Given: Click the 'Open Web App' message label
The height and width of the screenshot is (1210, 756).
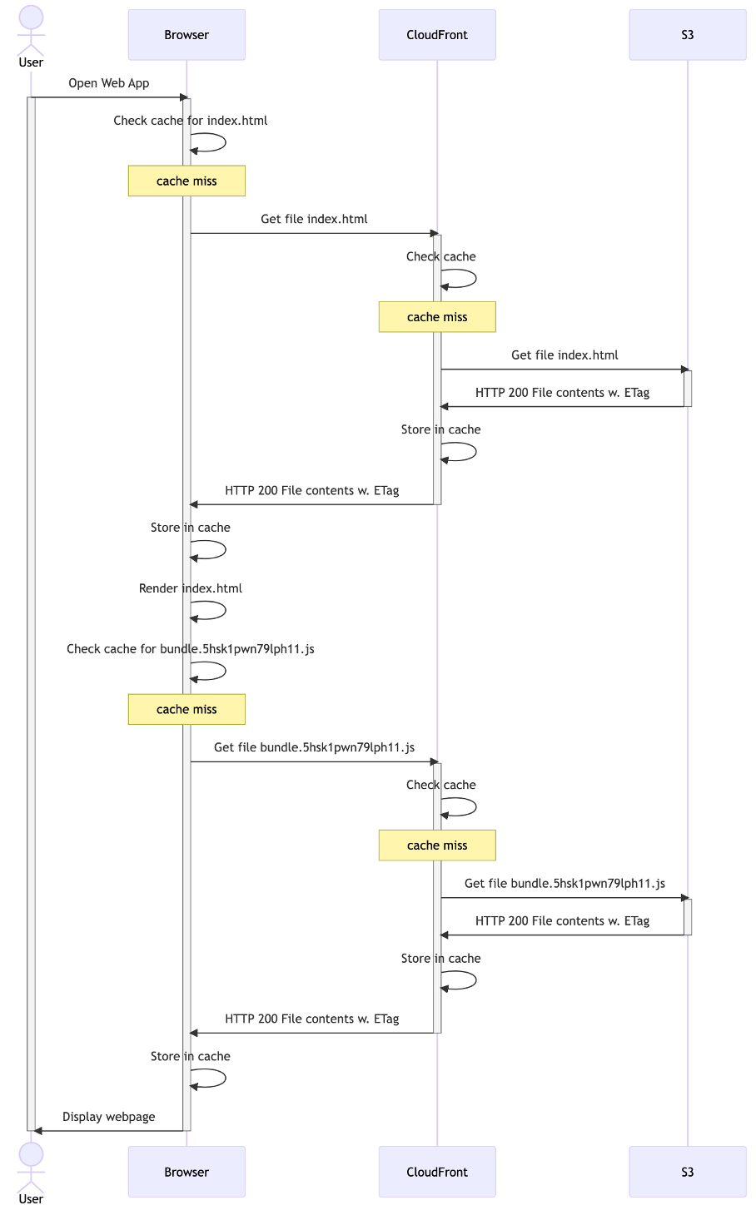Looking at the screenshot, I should (109, 83).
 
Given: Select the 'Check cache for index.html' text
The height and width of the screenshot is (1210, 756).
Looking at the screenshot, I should (191, 121).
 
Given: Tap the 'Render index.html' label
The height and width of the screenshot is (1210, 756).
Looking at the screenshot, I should (191, 588).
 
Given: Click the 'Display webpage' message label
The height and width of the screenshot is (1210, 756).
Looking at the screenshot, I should (109, 1117).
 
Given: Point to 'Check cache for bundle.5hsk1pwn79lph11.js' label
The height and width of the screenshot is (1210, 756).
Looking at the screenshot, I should (191, 649).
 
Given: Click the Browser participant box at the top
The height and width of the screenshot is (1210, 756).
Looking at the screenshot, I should (187, 35).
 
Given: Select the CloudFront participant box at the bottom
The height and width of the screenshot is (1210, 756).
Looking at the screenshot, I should (437, 1172).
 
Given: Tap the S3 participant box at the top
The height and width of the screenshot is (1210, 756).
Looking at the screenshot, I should (688, 35).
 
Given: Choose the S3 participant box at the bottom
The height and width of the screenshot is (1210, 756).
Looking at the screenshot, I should (688, 1172).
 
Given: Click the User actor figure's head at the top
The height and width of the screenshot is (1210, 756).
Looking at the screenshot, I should (31, 17).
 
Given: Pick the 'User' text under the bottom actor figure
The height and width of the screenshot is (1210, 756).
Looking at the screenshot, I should (31, 1198).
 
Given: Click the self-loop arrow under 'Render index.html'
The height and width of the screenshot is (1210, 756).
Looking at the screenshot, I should (215, 610).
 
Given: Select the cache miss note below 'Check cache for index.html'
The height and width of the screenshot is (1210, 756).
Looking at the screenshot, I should (187, 181).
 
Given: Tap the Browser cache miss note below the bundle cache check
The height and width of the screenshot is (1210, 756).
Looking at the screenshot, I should (187, 709).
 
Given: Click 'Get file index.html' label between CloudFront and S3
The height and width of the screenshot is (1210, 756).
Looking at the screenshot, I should (565, 355).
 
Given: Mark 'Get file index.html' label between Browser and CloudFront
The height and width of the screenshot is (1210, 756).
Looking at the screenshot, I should (314, 220).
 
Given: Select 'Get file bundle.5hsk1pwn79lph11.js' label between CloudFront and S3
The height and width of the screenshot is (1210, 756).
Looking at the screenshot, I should (565, 884).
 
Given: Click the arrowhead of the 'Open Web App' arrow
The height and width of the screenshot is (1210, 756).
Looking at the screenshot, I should (185, 97).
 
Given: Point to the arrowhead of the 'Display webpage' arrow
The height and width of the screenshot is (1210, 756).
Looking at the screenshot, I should (38, 1131).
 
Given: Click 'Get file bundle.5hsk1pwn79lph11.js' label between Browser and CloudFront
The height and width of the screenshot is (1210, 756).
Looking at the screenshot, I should (314, 747).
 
